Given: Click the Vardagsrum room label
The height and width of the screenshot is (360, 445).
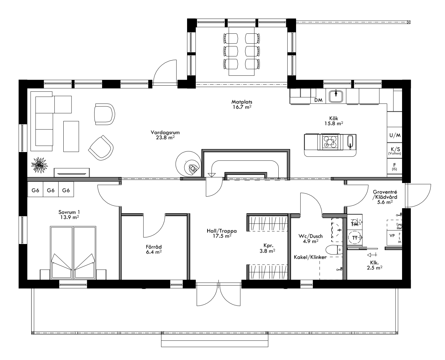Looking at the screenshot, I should pos(163,135).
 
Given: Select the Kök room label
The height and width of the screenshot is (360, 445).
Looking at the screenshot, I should pos(335,121).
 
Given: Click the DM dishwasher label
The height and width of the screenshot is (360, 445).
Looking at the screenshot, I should pos(318,100).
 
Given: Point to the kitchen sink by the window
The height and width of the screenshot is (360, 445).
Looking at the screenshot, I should pos(336,96).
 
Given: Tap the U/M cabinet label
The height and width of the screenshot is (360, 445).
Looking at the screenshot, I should pos(395,136).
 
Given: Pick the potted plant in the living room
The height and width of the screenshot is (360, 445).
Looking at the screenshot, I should pos(39,165).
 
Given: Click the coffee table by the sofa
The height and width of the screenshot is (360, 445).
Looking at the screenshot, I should pos(71,136).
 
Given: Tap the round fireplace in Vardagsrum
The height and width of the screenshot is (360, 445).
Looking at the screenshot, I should pos(188,164).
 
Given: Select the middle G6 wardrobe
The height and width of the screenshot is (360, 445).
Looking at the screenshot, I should pos(51,190).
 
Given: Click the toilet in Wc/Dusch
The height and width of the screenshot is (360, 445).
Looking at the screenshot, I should pos(334,250).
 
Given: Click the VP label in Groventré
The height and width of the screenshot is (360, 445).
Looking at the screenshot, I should pos(392,236).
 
